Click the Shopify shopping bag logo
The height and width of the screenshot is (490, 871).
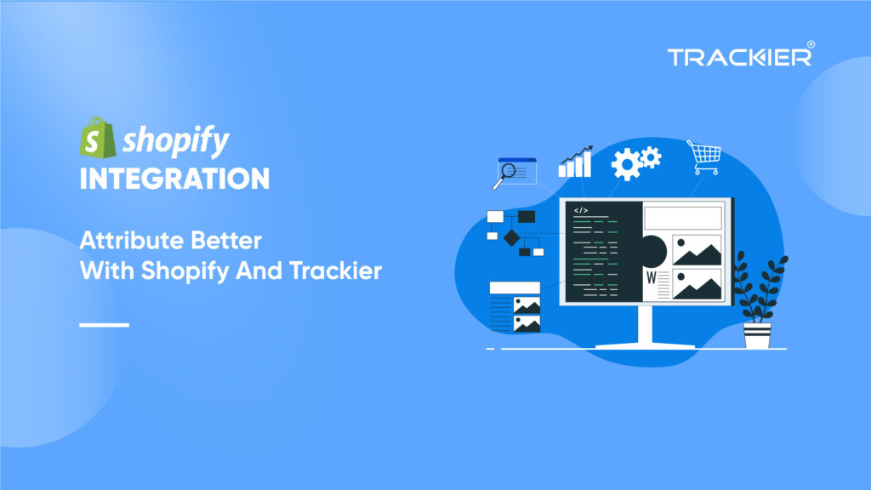pos(97,138)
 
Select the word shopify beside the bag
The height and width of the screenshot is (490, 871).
pos(175,141)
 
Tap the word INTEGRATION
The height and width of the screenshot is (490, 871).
pos(174,179)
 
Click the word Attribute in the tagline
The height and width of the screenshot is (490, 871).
pos(122,240)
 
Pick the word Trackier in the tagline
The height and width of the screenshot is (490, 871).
pos(345,271)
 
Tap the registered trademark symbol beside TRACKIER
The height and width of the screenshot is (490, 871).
pos(810,45)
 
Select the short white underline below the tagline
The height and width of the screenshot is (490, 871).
pos(104,325)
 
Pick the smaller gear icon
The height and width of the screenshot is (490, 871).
pos(652,155)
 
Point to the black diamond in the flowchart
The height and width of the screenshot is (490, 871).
pos(510,237)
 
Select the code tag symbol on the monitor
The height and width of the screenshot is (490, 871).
pos(581,210)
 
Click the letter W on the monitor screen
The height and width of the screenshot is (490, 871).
pos(651,278)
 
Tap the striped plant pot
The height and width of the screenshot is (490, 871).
pos(756,335)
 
